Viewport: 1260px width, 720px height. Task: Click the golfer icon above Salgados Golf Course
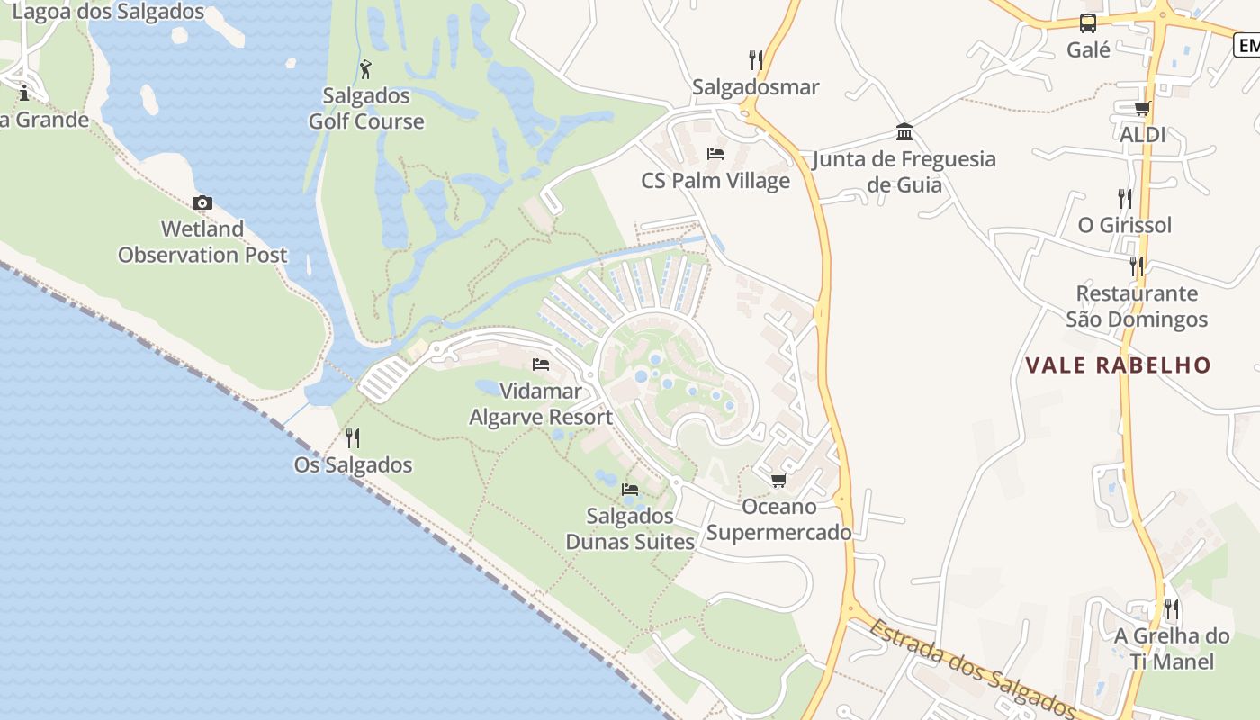pyautogui.click(x=365, y=68)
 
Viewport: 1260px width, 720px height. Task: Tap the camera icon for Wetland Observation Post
pyautogui.click(x=202, y=202)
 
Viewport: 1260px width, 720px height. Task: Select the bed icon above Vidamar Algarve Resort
pyautogui.click(x=541, y=364)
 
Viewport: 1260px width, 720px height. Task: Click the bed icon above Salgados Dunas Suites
pyautogui.click(x=630, y=490)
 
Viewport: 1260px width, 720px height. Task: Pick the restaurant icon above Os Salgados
pyautogui.click(x=353, y=438)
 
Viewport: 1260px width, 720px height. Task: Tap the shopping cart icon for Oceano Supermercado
pyautogui.click(x=778, y=480)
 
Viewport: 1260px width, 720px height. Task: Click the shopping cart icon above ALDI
pyautogui.click(x=1142, y=109)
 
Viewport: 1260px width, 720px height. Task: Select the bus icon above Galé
pyautogui.click(x=1088, y=23)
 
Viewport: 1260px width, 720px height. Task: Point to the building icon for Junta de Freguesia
pyautogui.click(x=904, y=133)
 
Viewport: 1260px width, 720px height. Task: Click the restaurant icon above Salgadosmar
pyautogui.click(x=756, y=60)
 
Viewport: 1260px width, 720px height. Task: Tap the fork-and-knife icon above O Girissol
pyautogui.click(x=1125, y=198)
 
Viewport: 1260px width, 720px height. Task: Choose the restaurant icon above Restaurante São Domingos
pyautogui.click(x=1137, y=266)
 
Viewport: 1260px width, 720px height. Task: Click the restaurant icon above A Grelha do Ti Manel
pyautogui.click(x=1171, y=609)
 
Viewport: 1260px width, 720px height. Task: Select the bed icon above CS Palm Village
pyautogui.click(x=715, y=154)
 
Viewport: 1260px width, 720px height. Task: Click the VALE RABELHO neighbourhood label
pyautogui.click(x=1119, y=365)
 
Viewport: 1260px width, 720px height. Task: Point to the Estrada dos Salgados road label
pyautogui.click(x=972, y=667)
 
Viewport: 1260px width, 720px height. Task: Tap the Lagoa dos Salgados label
pyautogui.click(x=109, y=13)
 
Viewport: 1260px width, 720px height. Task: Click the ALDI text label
pyautogui.click(x=1142, y=135)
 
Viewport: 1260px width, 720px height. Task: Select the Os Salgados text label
pyautogui.click(x=353, y=465)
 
